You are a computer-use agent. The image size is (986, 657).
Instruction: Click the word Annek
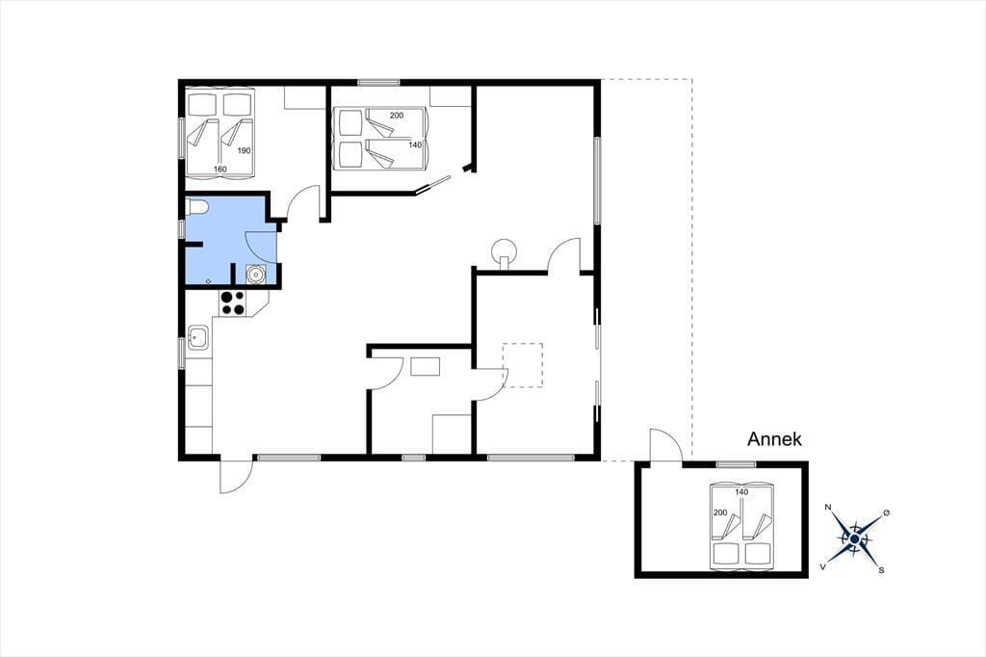click(x=774, y=438)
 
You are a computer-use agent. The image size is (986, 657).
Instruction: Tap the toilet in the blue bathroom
click(x=197, y=206)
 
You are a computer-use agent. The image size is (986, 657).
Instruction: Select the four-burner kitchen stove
click(x=233, y=302)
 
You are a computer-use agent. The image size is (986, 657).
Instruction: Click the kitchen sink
click(x=198, y=338)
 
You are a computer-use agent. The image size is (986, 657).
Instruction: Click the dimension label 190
click(x=244, y=150)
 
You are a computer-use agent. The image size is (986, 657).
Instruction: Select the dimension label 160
click(x=221, y=169)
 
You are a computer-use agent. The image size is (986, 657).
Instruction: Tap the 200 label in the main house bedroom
click(x=396, y=116)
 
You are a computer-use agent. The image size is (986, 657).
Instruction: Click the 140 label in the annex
click(x=741, y=492)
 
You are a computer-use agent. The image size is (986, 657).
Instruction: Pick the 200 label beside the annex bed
click(x=720, y=512)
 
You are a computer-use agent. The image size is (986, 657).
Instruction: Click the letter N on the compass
click(x=828, y=508)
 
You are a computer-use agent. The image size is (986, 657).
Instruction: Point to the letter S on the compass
click(x=881, y=570)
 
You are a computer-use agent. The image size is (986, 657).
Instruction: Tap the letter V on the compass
click(x=823, y=566)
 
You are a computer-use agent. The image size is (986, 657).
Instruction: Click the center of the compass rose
click(x=855, y=539)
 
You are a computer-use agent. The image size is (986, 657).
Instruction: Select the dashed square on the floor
click(x=523, y=365)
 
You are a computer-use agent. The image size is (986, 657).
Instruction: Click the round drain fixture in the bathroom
click(x=255, y=275)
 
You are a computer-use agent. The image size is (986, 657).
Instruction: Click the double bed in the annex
click(x=741, y=526)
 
